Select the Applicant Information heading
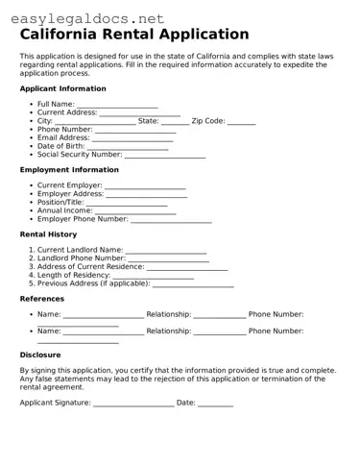tap(63, 88)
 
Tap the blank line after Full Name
tap(117, 105)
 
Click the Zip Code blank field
tap(242, 122)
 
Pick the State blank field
tap(176, 122)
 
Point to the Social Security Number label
tap(80, 154)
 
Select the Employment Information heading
tap(69, 169)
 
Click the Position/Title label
tap(60, 203)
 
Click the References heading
tap(42, 299)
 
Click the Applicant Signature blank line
tap(133, 404)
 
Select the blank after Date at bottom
tap(215, 404)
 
